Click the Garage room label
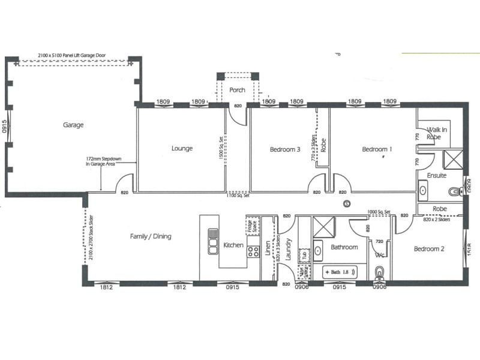pos(73,125)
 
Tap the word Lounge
pos(182,148)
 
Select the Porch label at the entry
pos(238,90)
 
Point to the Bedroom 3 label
pos(284,149)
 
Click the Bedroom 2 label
pos(428,248)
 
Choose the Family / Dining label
pos(151,236)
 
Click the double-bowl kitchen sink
pos(213,241)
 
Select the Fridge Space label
pos(251,226)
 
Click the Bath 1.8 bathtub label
pos(340,272)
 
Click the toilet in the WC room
pos(379,275)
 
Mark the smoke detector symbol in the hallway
pos(346,204)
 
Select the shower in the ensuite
pos(452,159)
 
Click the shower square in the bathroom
pos(325,227)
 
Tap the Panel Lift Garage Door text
pos(72,54)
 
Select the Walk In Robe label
pos(437,133)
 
